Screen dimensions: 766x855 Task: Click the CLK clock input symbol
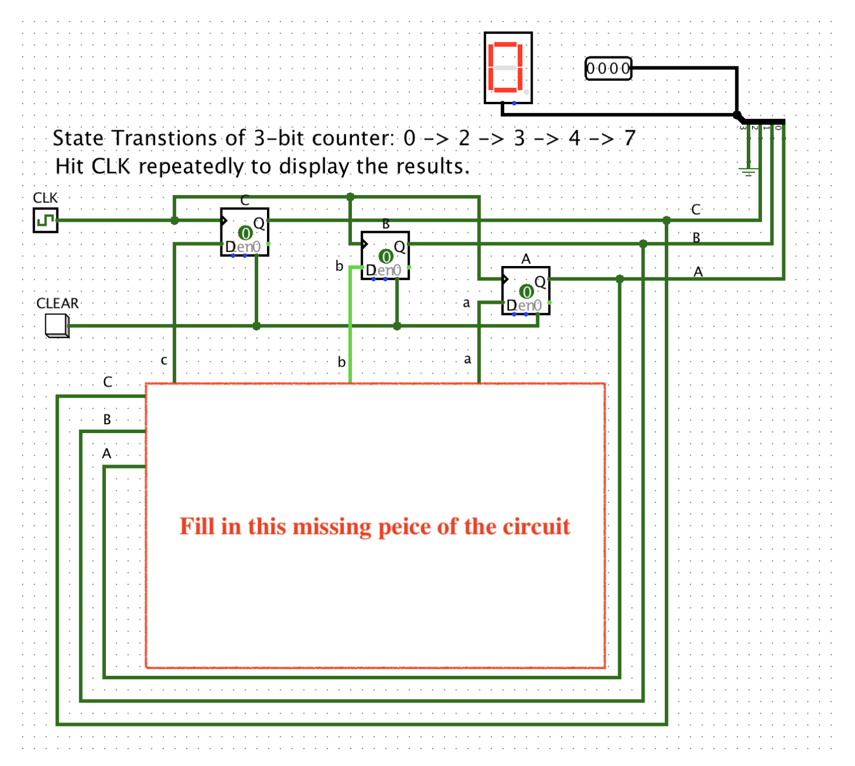point(45,221)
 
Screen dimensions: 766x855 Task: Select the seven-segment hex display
point(508,68)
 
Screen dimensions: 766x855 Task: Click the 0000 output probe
point(608,69)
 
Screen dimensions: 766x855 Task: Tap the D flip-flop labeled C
point(244,232)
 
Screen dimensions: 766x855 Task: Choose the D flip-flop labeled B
point(385,256)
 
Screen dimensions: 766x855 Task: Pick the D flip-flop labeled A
point(526,290)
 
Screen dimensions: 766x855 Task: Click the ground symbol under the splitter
point(749,171)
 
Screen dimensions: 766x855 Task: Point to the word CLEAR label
point(57,303)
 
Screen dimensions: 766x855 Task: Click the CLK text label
point(45,198)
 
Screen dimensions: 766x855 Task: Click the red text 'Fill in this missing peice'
point(375,526)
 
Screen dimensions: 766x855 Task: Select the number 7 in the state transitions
point(630,138)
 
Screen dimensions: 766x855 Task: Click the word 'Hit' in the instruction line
point(70,166)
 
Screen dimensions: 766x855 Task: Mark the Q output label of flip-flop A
point(540,282)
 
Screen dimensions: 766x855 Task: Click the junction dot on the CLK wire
point(174,221)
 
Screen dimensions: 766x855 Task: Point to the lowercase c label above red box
point(164,360)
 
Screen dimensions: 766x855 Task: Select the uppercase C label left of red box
point(108,382)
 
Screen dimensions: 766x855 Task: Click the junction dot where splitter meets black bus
point(738,115)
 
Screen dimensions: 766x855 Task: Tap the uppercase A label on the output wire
point(698,272)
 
